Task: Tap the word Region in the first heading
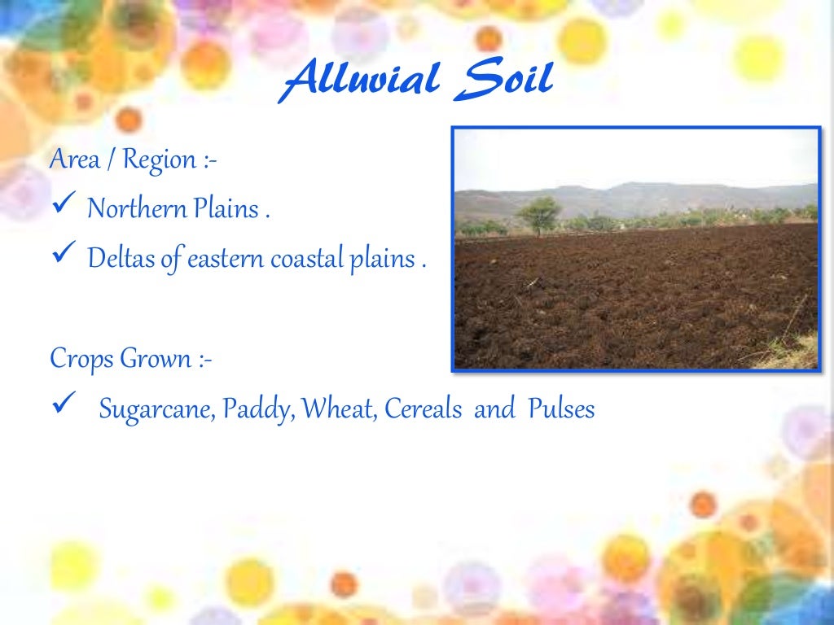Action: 160,159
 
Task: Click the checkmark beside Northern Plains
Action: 63,207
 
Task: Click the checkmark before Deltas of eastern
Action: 63,258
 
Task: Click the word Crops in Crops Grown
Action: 81,359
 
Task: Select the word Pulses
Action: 561,409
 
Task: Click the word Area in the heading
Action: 75,159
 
